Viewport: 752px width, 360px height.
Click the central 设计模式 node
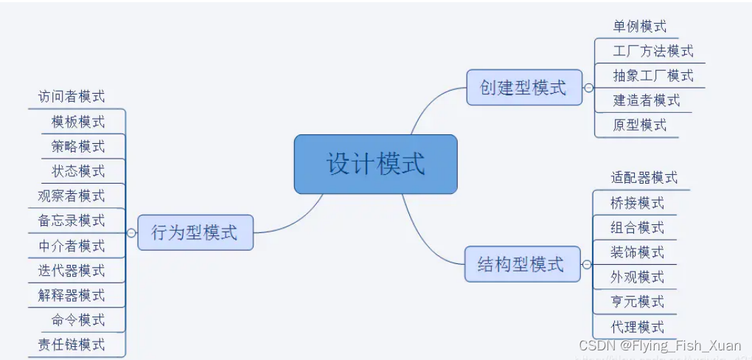pyautogui.click(x=375, y=164)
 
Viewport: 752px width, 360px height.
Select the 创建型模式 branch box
pyautogui.click(x=523, y=88)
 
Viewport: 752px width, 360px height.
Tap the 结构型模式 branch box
pyautogui.click(x=521, y=264)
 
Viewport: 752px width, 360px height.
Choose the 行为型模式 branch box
pyautogui.click(x=195, y=233)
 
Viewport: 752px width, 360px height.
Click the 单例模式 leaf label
pyautogui.click(x=639, y=27)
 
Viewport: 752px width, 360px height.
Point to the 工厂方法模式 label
pyautogui.click(x=652, y=51)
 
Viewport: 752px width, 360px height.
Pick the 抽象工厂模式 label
pyautogui.click(x=652, y=75)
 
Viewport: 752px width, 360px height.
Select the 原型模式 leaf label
pyautogui.click(x=639, y=125)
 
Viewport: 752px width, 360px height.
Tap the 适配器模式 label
pyautogui.click(x=644, y=178)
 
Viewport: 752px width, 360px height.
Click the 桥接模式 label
pyautogui.click(x=637, y=203)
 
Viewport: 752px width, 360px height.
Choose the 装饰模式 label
pyautogui.click(x=637, y=252)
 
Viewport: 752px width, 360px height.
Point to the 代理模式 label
pyautogui.click(x=637, y=327)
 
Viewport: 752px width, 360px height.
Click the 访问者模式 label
pyautogui.click(x=72, y=97)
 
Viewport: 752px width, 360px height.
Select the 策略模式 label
pyautogui.click(x=78, y=146)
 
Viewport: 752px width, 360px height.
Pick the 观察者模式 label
pyautogui.click(x=72, y=195)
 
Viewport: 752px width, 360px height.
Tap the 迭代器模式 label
pyautogui.click(x=72, y=270)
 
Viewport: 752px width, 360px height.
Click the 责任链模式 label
pyautogui.click(x=72, y=345)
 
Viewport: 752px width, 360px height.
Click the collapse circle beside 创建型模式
pyautogui.click(x=588, y=88)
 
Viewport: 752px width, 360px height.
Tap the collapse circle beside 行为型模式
pyautogui.click(x=131, y=233)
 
